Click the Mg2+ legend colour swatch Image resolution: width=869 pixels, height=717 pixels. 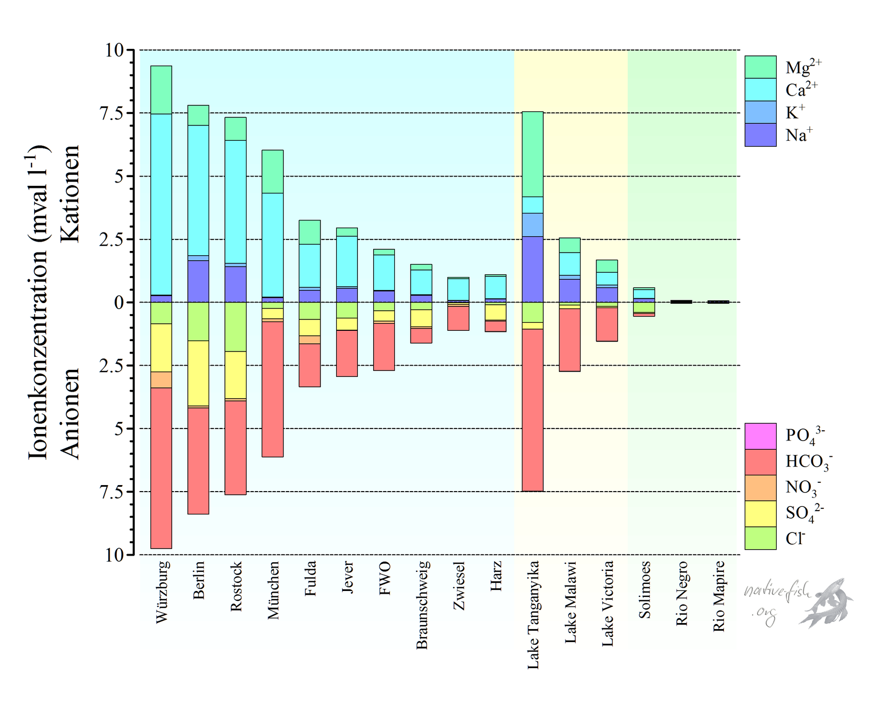point(760,67)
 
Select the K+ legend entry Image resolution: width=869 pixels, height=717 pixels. point(760,112)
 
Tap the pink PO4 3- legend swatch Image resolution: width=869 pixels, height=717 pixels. point(760,436)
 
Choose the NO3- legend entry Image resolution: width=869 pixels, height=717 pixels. point(760,487)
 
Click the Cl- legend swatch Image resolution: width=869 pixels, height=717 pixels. point(760,538)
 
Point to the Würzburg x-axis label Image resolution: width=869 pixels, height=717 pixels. point(162,592)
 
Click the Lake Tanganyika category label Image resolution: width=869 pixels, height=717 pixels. point(533,614)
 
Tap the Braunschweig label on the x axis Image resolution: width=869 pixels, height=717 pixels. point(422,605)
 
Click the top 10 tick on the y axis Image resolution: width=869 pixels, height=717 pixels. point(115,51)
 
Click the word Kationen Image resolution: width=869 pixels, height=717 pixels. point(70,193)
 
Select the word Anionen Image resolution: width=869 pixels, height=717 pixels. point(70,414)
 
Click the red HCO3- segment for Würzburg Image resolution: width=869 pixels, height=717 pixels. point(161,467)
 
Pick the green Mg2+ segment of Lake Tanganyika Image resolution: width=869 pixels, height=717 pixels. point(532,154)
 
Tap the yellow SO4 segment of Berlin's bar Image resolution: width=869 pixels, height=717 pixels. point(198,373)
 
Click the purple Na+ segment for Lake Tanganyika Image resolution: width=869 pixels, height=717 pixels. point(532,269)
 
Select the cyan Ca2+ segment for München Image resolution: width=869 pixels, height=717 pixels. point(273,244)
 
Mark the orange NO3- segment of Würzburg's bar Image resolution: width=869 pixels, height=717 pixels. point(161,380)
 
